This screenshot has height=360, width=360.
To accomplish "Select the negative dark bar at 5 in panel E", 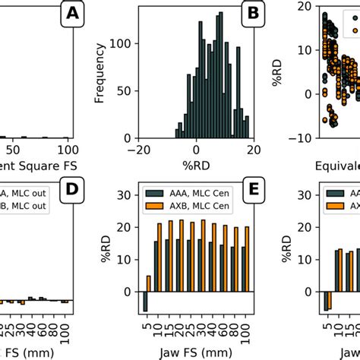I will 144,302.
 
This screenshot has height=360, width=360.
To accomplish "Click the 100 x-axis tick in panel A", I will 68,150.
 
